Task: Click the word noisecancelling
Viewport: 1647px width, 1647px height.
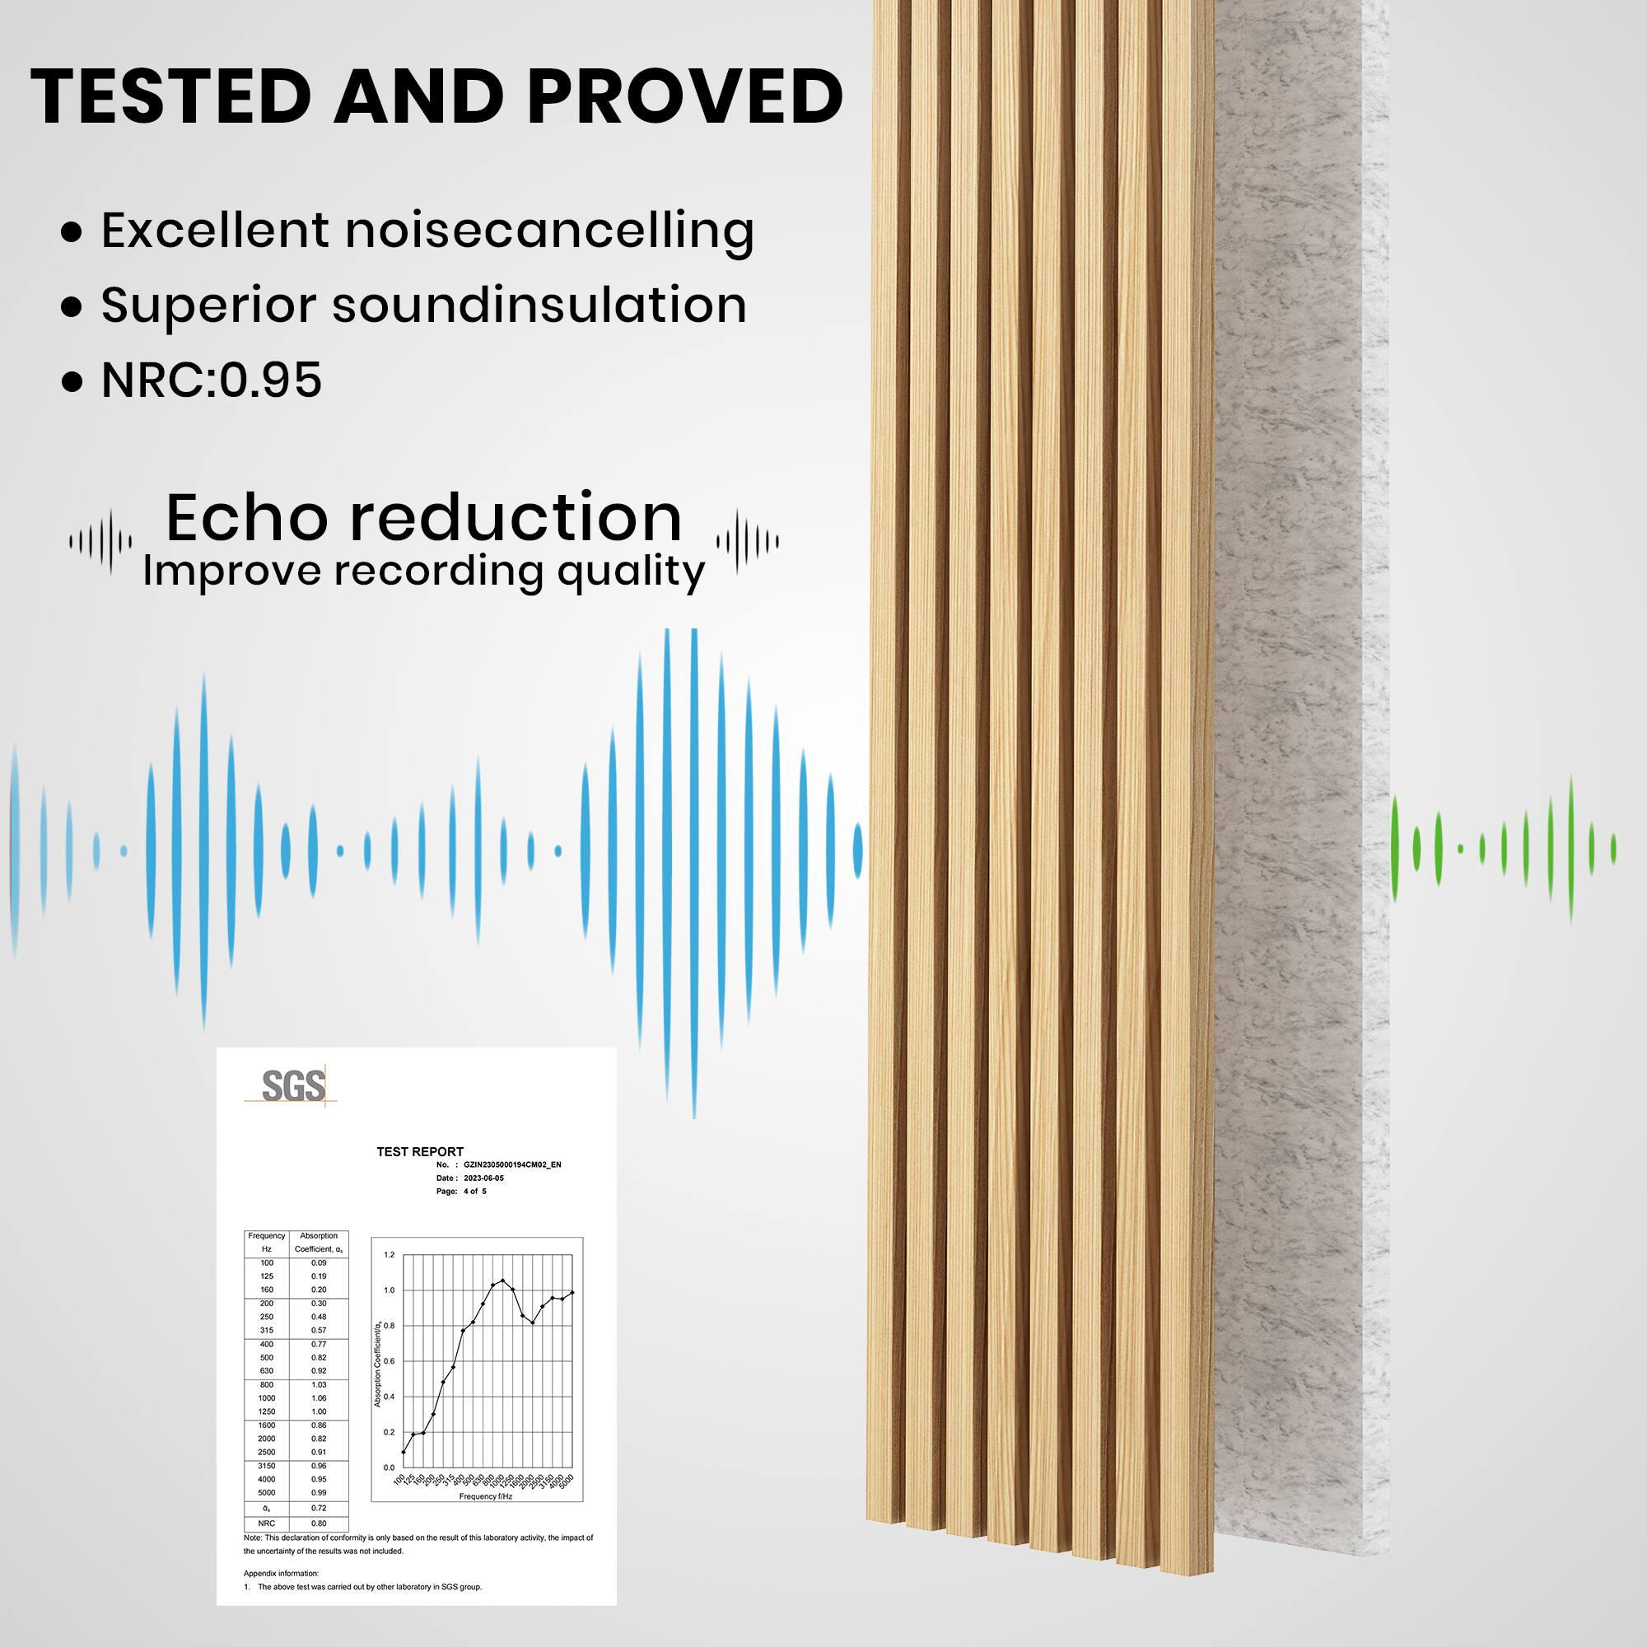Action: pyautogui.click(x=550, y=231)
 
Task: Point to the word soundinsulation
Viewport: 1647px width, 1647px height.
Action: pyautogui.click(x=539, y=305)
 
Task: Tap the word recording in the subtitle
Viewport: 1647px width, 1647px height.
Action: pyautogui.click(x=438, y=571)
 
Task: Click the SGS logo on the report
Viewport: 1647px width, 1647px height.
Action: pyautogui.click(x=292, y=1086)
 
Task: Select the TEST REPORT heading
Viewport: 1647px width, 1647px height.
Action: pyautogui.click(x=420, y=1152)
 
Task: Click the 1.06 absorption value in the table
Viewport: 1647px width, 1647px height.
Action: pyautogui.click(x=319, y=1398)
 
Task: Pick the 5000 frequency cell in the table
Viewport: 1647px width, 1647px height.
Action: pyautogui.click(x=267, y=1493)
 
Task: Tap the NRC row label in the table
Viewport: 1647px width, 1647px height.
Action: pyautogui.click(x=267, y=1523)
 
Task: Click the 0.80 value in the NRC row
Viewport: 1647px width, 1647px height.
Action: pyautogui.click(x=319, y=1523)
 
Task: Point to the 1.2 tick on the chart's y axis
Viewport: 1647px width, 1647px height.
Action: pyautogui.click(x=390, y=1255)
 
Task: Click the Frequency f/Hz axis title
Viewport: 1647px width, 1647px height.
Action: pyautogui.click(x=486, y=1496)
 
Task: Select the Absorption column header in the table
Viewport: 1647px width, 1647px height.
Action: pyautogui.click(x=319, y=1235)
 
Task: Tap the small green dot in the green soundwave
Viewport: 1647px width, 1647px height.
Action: pyautogui.click(x=1460, y=849)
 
